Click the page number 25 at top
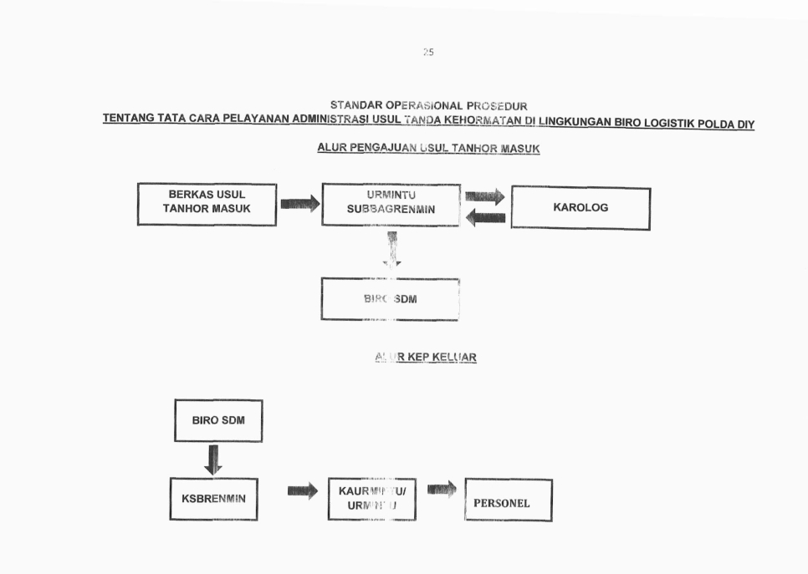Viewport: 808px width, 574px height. pos(428,52)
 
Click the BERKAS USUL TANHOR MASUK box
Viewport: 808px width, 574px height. pos(207,204)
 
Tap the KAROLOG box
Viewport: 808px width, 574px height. pos(580,208)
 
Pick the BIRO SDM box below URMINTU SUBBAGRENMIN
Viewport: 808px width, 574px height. pos(390,299)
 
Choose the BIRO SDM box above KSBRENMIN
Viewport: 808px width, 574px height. pos(218,420)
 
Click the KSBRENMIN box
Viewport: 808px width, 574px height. pos(213,499)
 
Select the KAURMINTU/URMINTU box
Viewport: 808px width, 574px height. pos(372,500)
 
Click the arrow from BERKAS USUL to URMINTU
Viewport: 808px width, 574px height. pos(299,203)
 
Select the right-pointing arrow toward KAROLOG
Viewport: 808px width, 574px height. pos(484,196)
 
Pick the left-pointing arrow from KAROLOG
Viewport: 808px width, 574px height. pos(485,217)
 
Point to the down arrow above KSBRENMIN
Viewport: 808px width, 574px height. pos(213,459)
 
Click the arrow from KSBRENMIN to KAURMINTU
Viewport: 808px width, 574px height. pos(302,491)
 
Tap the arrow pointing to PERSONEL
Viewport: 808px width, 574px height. pos(441,489)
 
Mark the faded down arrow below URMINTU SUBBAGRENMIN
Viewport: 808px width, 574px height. pos(391,249)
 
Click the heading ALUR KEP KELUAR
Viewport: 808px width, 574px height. pos(426,358)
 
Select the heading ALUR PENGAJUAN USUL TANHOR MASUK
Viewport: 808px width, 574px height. pos(428,149)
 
